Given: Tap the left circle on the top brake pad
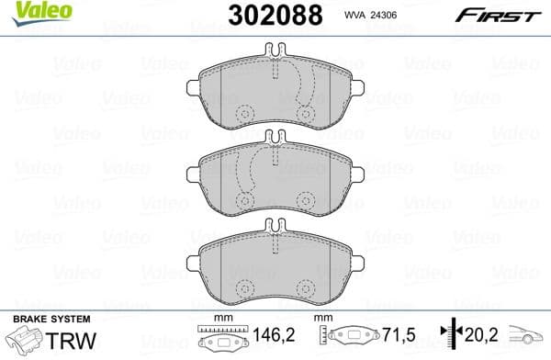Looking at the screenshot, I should tap(244, 114).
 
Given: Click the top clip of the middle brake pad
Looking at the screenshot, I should tap(275, 138).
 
